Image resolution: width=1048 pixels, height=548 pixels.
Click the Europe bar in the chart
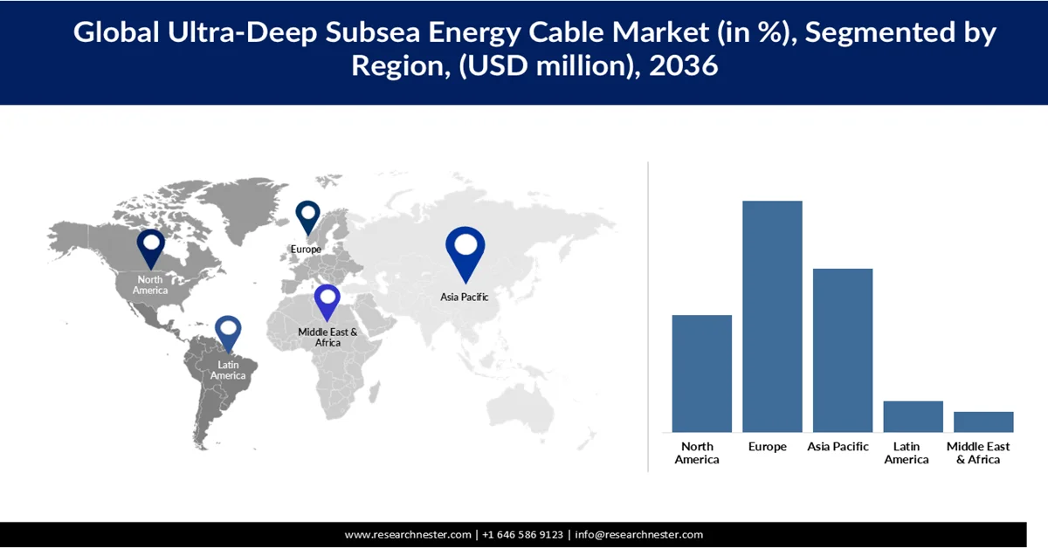coord(772,316)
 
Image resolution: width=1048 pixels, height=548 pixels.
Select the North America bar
coord(701,373)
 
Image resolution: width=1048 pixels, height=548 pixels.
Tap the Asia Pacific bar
coord(843,350)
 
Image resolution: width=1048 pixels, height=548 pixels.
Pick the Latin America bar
coord(913,416)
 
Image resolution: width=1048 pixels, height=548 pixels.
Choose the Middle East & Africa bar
coord(983,421)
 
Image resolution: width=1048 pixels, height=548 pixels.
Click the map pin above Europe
coord(307,217)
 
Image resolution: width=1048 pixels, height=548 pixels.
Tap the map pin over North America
coord(150,247)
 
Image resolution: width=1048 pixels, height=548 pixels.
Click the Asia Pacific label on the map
coord(464,297)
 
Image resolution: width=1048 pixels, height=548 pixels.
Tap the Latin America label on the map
coord(228,370)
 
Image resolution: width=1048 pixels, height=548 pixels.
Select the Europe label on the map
coord(306,250)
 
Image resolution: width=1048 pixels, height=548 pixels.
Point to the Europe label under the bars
coord(768,447)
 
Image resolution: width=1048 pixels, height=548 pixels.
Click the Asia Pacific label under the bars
coord(838,447)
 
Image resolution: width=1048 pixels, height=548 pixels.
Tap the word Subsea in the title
coord(369,33)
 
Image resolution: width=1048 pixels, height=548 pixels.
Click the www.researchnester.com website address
coord(409,534)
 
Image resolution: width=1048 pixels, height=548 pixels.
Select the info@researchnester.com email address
coord(638,534)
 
